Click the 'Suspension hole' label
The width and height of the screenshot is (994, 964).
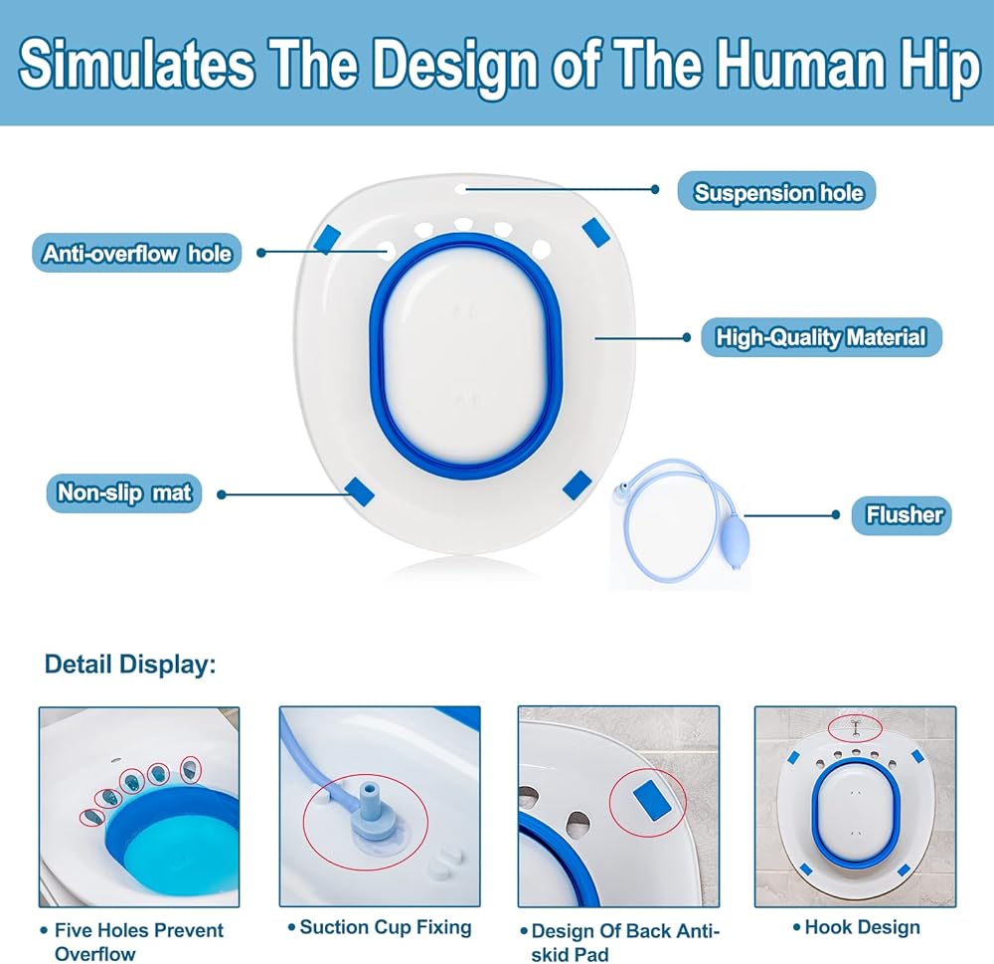777,191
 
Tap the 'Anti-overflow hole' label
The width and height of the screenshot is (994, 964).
137,254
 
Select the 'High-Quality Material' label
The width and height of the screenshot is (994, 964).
820,338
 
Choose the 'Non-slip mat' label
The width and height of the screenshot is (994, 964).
124,492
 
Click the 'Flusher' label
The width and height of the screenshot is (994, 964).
903,514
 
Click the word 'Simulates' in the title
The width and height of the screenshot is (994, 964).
136,65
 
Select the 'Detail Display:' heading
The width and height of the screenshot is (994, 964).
130,664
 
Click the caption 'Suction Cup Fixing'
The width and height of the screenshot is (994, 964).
386,927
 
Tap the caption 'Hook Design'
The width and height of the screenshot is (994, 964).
862,927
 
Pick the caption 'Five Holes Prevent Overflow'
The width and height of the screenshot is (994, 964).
139,941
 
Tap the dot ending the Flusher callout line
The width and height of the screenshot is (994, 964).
837,514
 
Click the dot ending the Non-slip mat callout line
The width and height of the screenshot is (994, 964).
221,493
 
